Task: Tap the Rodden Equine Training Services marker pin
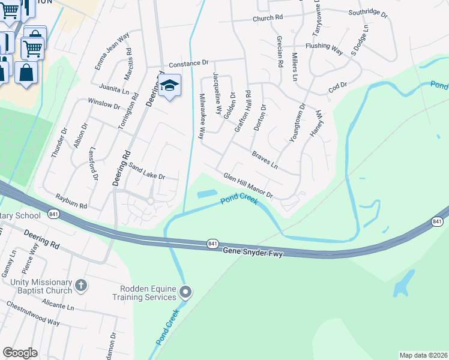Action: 185,292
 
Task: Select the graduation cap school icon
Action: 170,86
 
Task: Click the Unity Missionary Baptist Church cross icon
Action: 82,285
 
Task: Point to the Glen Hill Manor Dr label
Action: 248,186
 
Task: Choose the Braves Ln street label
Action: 265,160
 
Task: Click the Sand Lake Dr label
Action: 143,174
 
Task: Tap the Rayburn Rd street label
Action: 71,201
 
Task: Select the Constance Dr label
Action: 188,62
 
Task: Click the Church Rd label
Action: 267,18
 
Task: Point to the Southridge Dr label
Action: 364,11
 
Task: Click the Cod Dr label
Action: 337,88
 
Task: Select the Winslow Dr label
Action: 103,104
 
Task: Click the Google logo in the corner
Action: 20,353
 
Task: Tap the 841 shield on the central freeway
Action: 212,243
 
